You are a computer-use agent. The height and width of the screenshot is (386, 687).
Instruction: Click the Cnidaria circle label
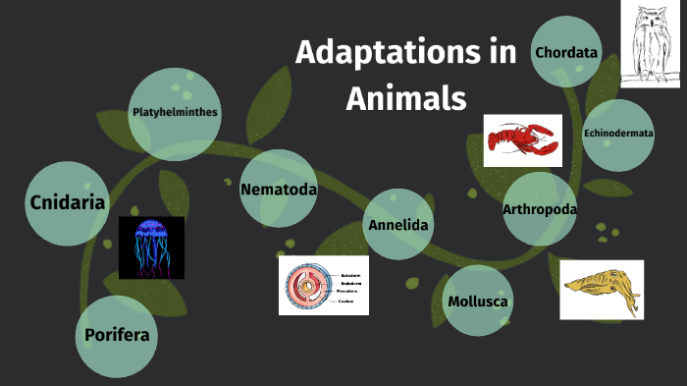click(68, 203)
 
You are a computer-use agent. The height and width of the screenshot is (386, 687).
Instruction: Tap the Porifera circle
click(117, 336)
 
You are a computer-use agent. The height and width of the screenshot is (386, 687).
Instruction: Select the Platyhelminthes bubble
click(175, 113)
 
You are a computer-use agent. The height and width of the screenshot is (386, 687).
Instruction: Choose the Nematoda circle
click(279, 189)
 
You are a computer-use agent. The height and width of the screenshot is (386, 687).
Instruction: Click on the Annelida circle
click(397, 225)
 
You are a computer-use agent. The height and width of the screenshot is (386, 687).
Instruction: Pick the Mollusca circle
click(477, 301)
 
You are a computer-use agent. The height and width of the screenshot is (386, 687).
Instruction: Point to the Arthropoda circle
click(539, 209)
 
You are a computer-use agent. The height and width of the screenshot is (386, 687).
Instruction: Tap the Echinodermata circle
click(618, 135)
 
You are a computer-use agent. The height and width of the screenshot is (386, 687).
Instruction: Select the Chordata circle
click(566, 51)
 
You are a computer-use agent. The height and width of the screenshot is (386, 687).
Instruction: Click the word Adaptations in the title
click(378, 53)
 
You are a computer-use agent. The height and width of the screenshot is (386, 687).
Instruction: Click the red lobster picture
click(522, 139)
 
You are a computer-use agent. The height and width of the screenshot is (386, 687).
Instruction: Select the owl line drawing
click(650, 44)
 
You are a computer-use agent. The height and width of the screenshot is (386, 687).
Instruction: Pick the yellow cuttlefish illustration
click(601, 289)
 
